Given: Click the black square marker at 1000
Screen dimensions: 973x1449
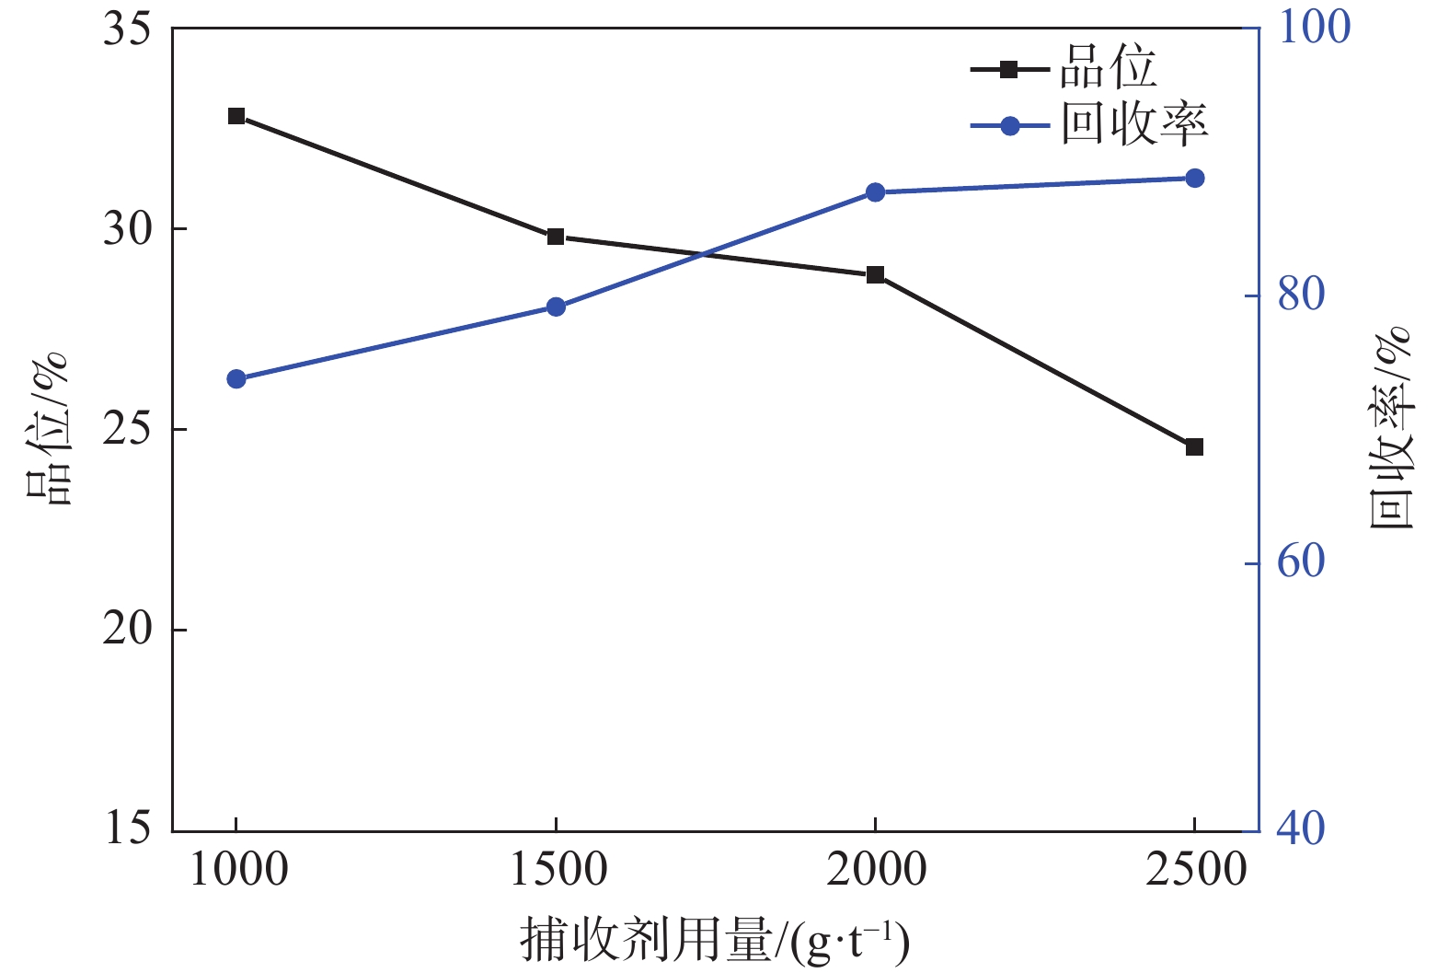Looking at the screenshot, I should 236,116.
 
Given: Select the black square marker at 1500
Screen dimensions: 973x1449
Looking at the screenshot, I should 556,237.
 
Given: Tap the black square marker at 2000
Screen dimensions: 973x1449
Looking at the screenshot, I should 875,274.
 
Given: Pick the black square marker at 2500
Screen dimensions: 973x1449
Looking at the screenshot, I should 1194,446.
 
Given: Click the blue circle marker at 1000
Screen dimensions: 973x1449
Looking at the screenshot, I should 236,379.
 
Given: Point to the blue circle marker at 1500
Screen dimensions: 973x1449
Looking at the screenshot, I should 556,307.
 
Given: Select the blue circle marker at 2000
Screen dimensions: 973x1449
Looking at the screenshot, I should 875,192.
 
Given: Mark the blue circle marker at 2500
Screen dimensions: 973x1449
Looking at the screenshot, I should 1194,178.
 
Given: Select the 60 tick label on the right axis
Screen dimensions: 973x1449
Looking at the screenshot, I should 1301,562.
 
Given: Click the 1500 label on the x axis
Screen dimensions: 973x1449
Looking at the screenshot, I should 558,870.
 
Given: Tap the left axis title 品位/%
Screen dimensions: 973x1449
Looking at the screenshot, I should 46,429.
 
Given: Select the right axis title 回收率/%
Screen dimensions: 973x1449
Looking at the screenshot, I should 1391,429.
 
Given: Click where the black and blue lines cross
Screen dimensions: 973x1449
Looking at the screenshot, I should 703,254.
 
